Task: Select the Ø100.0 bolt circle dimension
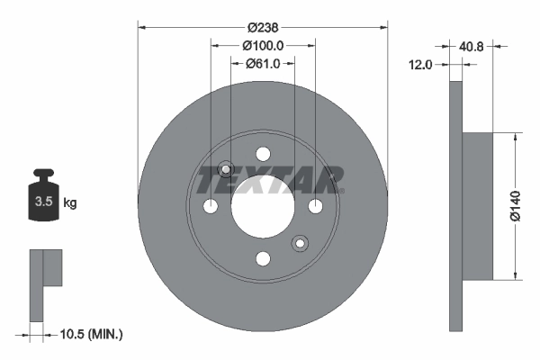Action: pos(263,45)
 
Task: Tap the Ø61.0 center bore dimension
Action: pos(263,63)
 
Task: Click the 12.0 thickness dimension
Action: pos(421,65)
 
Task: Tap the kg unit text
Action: pos(69,202)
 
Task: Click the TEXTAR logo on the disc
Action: pos(269,180)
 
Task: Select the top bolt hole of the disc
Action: pos(263,154)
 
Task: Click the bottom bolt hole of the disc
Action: pos(263,259)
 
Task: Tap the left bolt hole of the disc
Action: pos(211,207)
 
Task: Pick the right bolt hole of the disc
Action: pos(315,207)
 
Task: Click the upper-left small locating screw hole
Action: pos(227,169)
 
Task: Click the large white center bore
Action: pos(263,207)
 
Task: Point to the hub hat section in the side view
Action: pos(478,206)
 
